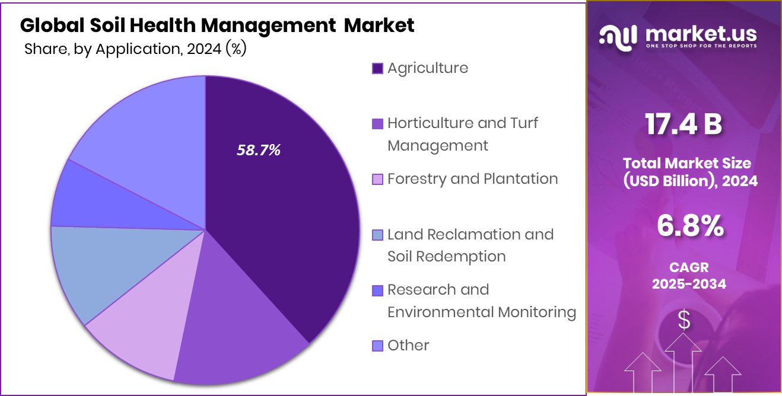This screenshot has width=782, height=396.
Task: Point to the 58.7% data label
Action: point(259,151)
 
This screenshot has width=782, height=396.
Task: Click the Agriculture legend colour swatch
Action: point(377,68)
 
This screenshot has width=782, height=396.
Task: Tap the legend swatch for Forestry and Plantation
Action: point(377,179)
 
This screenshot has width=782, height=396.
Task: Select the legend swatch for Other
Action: point(377,346)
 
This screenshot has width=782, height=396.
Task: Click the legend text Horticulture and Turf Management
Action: point(463,134)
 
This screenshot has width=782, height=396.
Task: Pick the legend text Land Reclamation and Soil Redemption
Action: point(470,245)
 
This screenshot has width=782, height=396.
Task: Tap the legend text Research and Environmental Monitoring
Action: point(481,301)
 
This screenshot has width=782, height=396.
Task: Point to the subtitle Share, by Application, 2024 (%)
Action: point(135,49)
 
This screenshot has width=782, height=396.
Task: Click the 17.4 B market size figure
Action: point(684,124)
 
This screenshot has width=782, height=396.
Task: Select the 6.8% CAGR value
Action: point(690,226)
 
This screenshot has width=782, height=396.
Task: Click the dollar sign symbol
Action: point(684,321)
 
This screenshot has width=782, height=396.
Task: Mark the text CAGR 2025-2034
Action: point(689,276)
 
